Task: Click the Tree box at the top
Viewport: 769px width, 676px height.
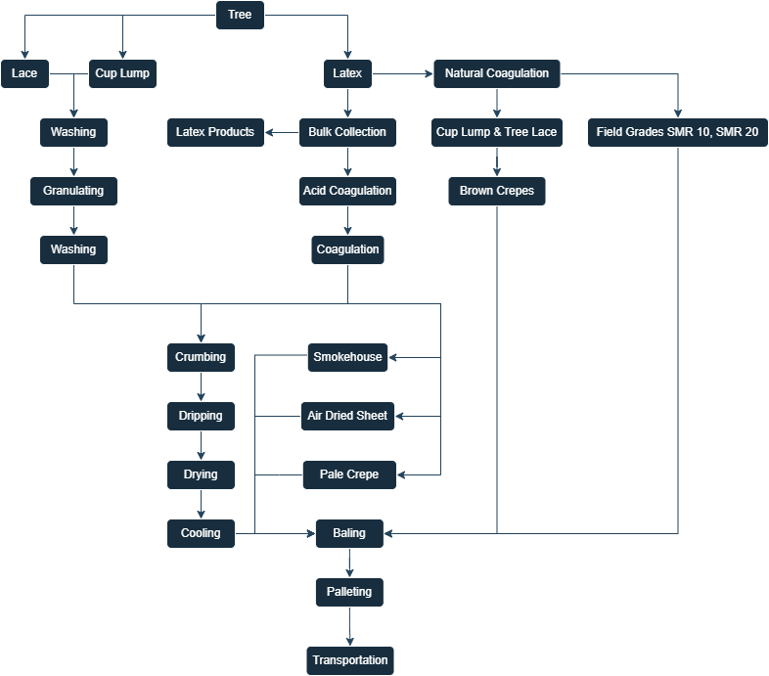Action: pos(240,15)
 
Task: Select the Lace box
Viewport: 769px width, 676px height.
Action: pos(24,73)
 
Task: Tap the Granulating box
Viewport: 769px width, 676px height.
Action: pos(73,191)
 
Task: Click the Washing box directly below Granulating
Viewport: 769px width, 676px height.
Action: pos(73,249)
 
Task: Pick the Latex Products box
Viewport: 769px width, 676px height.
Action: pos(215,132)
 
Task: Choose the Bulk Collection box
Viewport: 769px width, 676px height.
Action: pos(347,132)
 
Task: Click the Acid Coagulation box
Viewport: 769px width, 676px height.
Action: pos(347,191)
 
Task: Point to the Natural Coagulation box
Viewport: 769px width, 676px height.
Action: pos(497,73)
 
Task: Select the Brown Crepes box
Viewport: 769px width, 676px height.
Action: pos(497,191)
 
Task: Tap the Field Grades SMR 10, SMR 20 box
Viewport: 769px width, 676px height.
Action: pos(677,132)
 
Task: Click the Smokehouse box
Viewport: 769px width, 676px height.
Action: pos(347,357)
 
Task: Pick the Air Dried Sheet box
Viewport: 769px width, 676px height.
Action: pos(347,416)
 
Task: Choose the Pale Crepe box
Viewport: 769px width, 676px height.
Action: pos(348,474)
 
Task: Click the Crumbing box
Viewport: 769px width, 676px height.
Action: pos(201,357)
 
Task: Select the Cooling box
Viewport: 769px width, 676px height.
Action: pos(201,533)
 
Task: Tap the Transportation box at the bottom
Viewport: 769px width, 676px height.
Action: pos(350,660)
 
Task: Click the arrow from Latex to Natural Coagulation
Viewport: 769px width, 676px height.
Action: pos(402,73)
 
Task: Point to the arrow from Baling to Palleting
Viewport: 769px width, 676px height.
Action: pos(349,563)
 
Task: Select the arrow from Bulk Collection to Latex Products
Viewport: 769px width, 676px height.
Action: pos(282,132)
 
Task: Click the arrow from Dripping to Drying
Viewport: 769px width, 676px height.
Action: pos(201,445)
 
